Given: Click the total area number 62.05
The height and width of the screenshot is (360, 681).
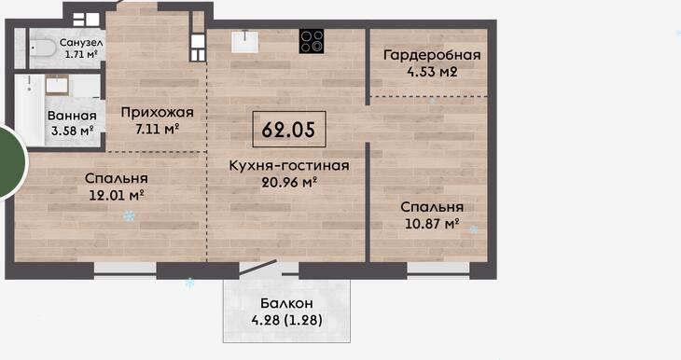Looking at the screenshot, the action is (x=288, y=129).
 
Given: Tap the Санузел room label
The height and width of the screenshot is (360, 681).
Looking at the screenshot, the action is (x=81, y=43).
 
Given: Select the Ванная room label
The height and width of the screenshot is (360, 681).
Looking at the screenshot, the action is (x=72, y=116).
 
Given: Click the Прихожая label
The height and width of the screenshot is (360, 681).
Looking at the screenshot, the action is (x=158, y=113).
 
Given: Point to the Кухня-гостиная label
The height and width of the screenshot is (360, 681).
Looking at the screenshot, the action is (x=289, y=165).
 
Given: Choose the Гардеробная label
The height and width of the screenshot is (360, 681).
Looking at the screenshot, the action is (x=432, y=55).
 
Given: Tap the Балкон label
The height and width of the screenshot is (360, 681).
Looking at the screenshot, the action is (x=286, y=303).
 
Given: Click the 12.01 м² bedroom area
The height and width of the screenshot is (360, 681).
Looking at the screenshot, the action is (x=117, y=196).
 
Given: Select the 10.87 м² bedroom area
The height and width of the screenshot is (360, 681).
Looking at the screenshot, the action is (x=432, y=224).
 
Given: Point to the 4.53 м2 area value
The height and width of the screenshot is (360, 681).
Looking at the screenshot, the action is (x=432, y=72).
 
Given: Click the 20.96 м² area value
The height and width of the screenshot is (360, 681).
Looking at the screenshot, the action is (x=289, y=182).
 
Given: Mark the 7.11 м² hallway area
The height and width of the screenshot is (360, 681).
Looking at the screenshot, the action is (x=158, y=129).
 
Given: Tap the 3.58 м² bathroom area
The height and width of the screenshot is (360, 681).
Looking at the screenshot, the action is (x=72, y=131).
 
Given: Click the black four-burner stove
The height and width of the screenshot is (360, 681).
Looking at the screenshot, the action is (x=312, y=41).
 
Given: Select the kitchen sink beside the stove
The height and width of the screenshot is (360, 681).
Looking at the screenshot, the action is (x=244, y=42).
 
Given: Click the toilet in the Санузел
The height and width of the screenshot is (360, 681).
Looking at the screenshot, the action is (x=42, y=48).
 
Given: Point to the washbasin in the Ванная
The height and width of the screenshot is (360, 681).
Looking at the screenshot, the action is (x=57, y=85).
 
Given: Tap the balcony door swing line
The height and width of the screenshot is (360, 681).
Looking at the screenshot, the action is (x=257, y=267).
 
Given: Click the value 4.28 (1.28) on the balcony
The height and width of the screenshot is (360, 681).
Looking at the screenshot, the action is (x=286, y=321).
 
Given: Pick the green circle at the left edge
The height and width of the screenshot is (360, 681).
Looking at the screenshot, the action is (x=10, y=162).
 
